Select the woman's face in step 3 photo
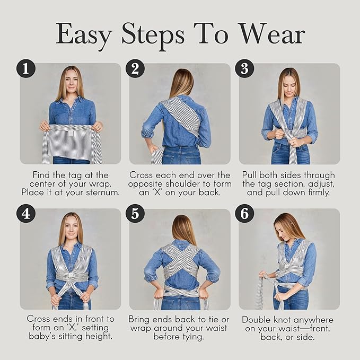288,83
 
